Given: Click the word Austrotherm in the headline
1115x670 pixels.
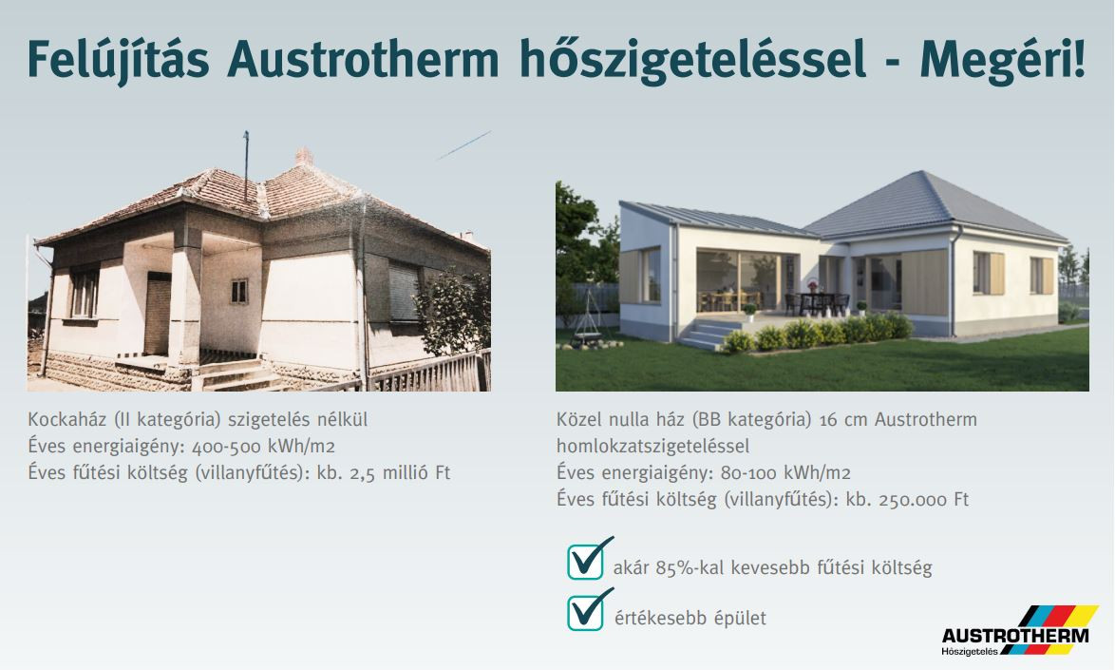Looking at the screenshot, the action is [363, 59].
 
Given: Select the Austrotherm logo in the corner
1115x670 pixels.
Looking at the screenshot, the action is [1018, 631].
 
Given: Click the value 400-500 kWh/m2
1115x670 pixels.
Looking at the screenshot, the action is [263, 447].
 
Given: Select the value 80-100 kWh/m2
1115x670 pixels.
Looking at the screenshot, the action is [785, 473].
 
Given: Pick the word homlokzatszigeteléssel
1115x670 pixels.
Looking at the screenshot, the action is [652, 447].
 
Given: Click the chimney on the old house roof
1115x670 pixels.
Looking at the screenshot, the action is [304, 157].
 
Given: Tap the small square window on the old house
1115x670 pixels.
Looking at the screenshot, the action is [239, 291].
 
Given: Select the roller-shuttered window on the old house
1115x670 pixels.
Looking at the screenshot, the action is [404, 291].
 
